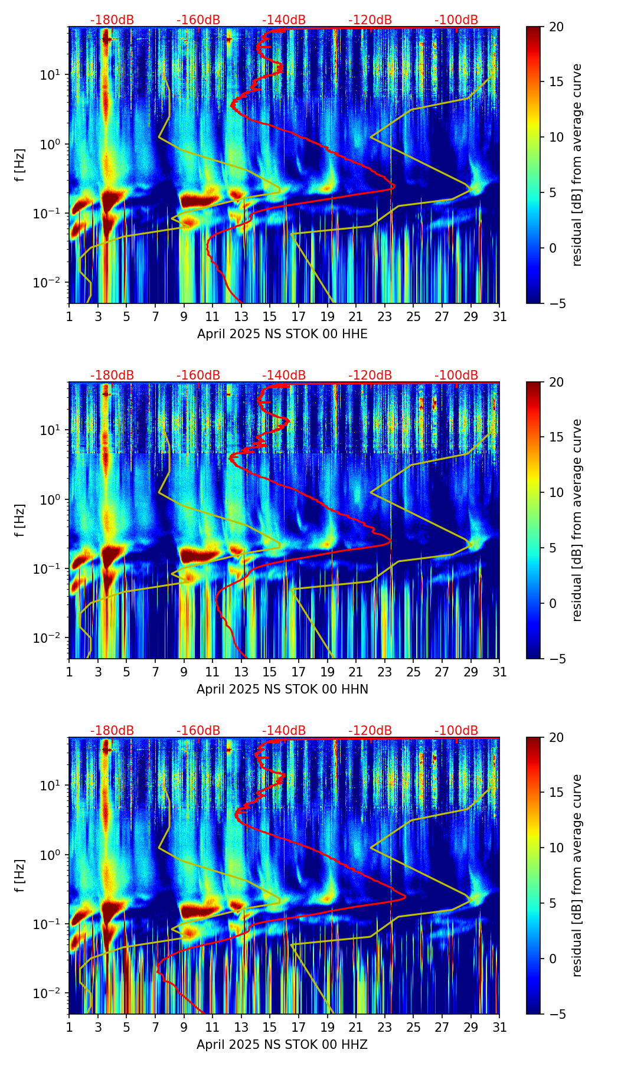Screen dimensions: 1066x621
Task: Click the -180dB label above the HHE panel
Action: pos(112,20)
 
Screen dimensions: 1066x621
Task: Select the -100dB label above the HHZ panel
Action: pos(456,731)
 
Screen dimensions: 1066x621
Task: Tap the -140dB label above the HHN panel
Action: pos(284,375)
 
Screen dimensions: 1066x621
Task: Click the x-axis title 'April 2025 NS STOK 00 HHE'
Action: pos(282,334)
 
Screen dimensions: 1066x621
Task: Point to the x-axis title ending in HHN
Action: pos(282,689)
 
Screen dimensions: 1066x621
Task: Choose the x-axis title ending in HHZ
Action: pos(282,1045)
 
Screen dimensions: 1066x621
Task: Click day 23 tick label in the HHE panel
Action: pos(385,317)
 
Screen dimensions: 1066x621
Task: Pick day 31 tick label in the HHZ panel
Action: pos(499,1028)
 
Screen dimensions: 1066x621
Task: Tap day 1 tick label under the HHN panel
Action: pos(69,672)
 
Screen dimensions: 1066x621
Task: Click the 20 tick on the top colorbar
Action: pos(556,27)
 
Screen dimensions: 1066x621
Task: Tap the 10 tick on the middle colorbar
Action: pos(556,492)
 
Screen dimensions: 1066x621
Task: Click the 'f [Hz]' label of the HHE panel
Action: pos(20,165)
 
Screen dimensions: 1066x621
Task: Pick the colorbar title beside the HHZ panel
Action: pos(577,875)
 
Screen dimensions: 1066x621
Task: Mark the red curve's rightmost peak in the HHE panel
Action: pos(394,187)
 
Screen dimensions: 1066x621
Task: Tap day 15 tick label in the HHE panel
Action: pos(270,317)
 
